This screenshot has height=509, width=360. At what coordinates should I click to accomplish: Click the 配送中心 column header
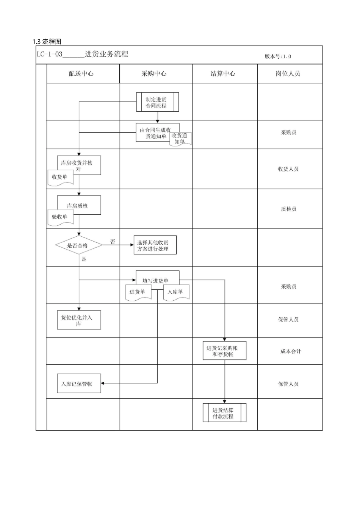[x=81, y=73]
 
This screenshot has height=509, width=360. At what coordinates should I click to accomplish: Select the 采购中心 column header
[x=154, y=73]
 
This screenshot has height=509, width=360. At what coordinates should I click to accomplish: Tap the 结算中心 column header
[x=223, y=73]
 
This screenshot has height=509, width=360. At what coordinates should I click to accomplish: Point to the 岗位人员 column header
[x=288, y=73]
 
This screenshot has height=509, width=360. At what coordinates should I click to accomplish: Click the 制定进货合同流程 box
[x=157, y=102]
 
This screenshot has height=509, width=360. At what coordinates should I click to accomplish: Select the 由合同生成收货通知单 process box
[x=157, y=133]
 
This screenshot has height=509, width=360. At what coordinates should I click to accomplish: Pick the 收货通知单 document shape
[x=181, y=139]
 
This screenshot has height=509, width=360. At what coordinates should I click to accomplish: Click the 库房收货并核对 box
[x=79, y=165]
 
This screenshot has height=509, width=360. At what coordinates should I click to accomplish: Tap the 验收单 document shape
[x=61, y=218]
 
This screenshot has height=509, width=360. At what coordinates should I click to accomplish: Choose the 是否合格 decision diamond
[x=79, y=245]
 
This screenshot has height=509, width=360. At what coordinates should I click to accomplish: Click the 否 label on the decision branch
[x=113, y=242]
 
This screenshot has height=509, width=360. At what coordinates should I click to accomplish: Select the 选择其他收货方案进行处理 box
[x=155, y=245]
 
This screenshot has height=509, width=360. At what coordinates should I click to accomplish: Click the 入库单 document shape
[x=176, y=293]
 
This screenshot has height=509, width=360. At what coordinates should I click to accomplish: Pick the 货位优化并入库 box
[x=79, y=320]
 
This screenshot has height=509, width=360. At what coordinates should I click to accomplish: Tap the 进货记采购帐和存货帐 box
[x=224, y=351]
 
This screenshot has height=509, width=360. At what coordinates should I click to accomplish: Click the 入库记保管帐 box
[x=79, y=384]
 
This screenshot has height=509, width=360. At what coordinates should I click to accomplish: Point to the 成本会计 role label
[x=291, y=351]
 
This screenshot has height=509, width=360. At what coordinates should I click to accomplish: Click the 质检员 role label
[x=288, y=209]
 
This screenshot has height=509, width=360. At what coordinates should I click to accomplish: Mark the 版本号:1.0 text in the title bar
[x=278, y=56]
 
